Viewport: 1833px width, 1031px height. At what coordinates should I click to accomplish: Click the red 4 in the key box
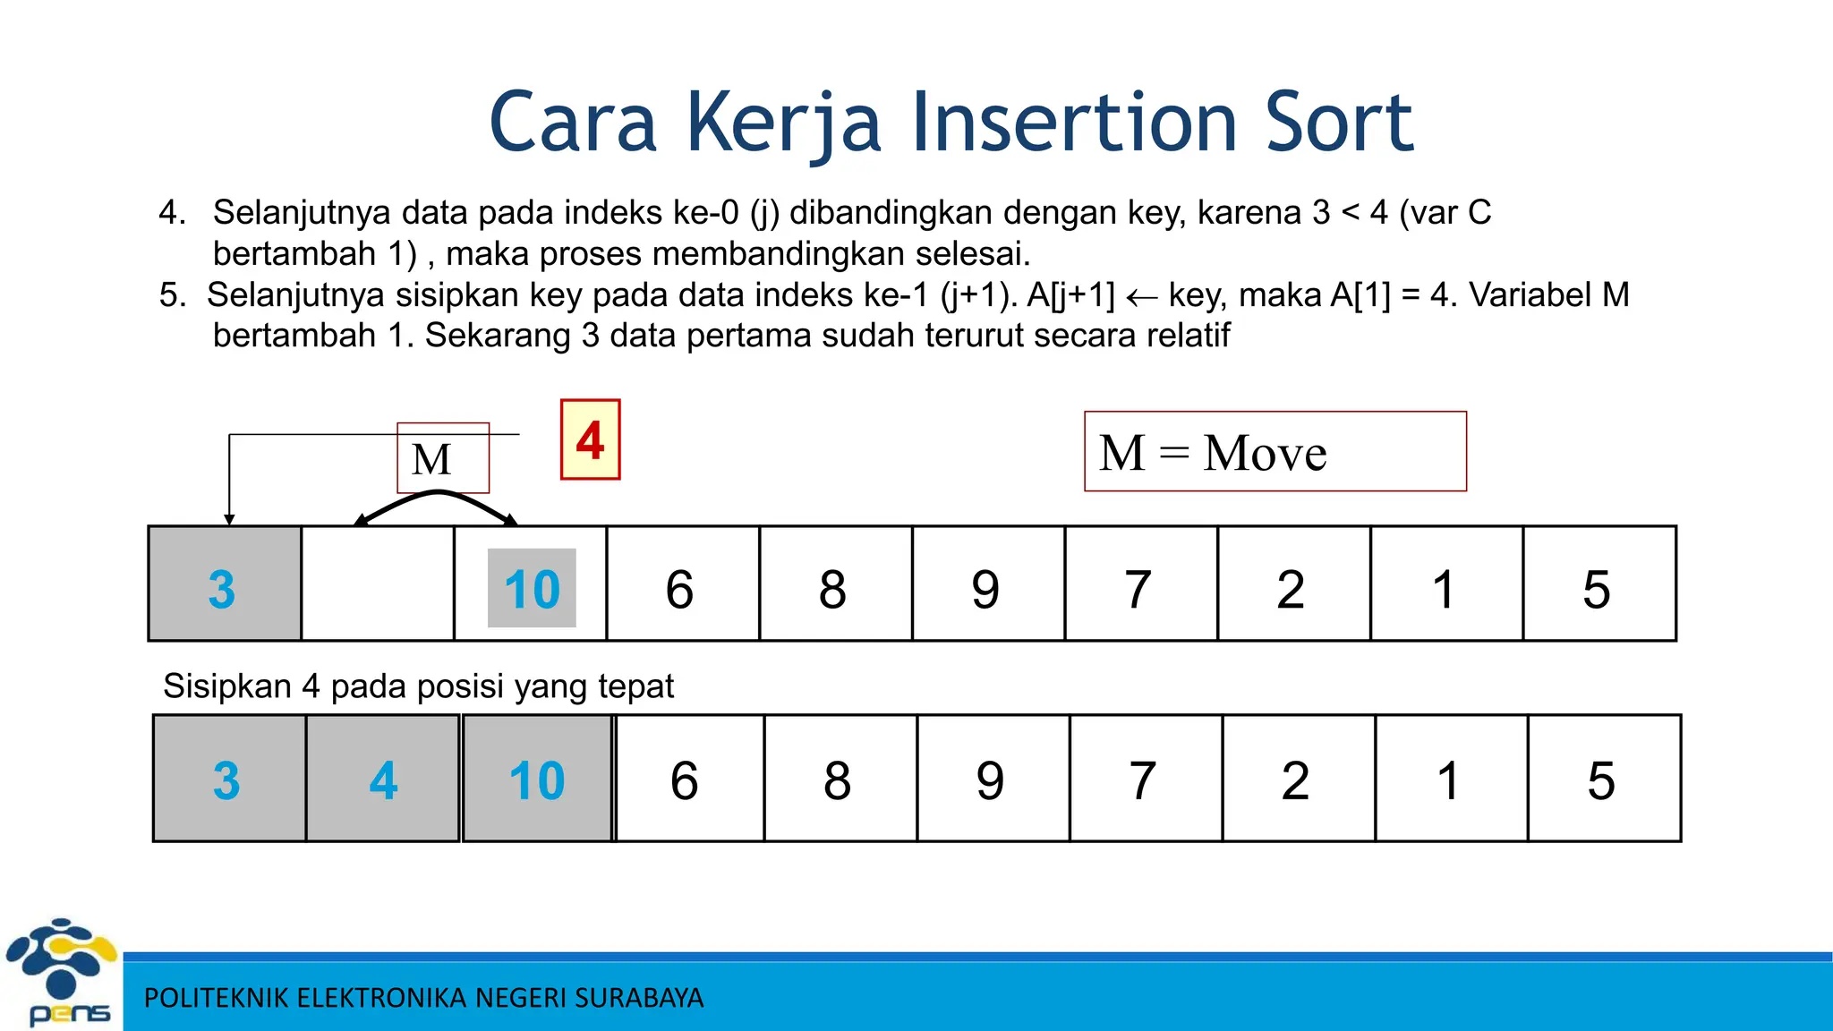coord(590,439)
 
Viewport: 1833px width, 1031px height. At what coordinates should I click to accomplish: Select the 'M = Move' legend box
coord(1275,452)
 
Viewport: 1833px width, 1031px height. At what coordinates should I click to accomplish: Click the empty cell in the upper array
coord(378,584)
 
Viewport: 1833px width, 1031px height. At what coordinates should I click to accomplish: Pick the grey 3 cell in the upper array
coord(224,584)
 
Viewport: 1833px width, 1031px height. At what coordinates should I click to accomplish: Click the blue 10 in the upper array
coord(532,589)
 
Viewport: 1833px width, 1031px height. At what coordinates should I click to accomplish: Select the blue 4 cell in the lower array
coord(383,779)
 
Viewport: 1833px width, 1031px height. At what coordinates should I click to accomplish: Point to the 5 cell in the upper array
coord(1599,584)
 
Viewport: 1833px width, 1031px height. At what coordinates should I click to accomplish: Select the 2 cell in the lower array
coord(1298,779)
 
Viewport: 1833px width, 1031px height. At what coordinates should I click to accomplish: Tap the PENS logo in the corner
coord(61,971)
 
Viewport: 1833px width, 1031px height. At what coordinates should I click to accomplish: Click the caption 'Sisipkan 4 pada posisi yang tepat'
coord(418,686)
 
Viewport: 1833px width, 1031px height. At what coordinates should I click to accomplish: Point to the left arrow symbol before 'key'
coord(1141,297)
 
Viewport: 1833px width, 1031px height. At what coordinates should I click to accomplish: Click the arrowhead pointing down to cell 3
coord(229,519)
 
